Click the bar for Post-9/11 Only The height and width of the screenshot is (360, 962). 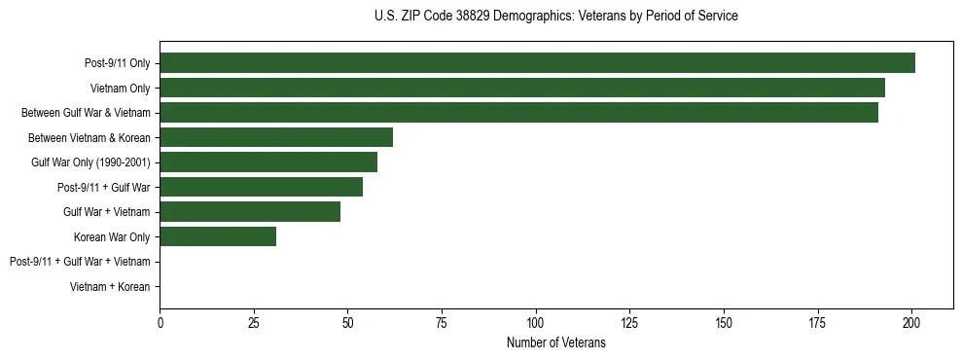tap(537, 63)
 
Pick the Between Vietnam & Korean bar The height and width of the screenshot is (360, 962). tap(276, 137)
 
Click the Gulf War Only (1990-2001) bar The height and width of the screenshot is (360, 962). tap(268, 162)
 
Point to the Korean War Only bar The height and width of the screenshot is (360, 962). tap(218, 236)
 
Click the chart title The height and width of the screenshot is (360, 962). tap(555, 17)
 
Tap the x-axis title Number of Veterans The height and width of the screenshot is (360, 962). tap(555, 342)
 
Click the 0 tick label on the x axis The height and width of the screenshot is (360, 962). tap(160, 322)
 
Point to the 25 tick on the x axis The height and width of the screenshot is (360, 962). tap(254, 322)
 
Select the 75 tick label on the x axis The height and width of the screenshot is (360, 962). tap(442, 322)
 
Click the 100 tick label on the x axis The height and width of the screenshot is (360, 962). tap(536, 322)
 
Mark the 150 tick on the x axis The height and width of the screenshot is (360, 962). tap(724, 322)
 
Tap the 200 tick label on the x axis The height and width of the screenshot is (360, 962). tap(911, 322)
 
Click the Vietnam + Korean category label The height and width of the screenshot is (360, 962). tap(110, 287)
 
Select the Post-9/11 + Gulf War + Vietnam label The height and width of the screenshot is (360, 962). tap(80, 262)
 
